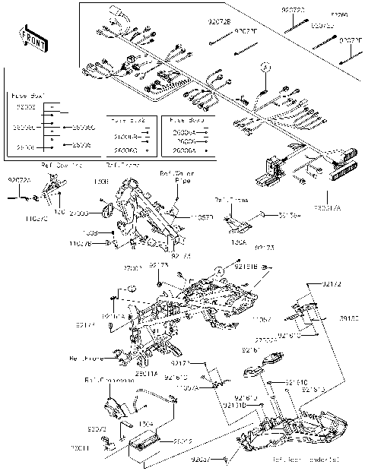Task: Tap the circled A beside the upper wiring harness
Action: click(x=265, y=68)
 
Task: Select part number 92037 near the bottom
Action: click(x=200, y=459)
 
